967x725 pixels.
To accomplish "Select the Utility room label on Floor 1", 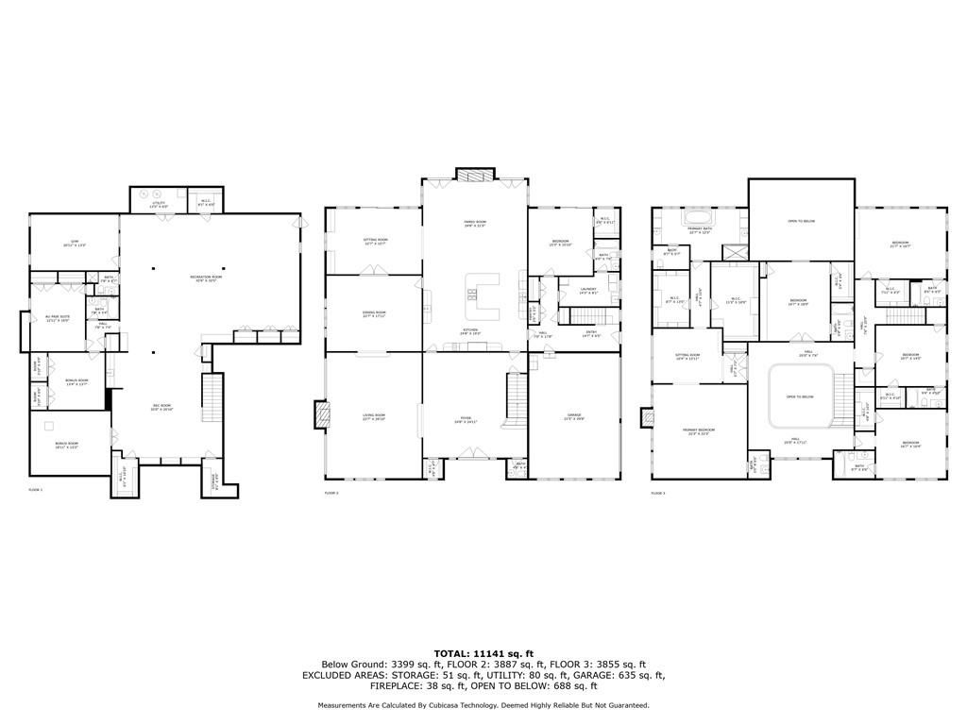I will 159,204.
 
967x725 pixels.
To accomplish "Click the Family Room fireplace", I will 468,174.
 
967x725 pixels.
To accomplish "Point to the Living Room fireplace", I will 322,414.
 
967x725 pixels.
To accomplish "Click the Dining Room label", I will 374,314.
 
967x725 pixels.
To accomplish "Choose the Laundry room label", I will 590,292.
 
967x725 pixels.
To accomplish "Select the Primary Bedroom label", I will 699,431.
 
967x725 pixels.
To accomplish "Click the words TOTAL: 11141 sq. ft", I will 483,653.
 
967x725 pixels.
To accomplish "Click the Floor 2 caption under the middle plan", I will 331,493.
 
